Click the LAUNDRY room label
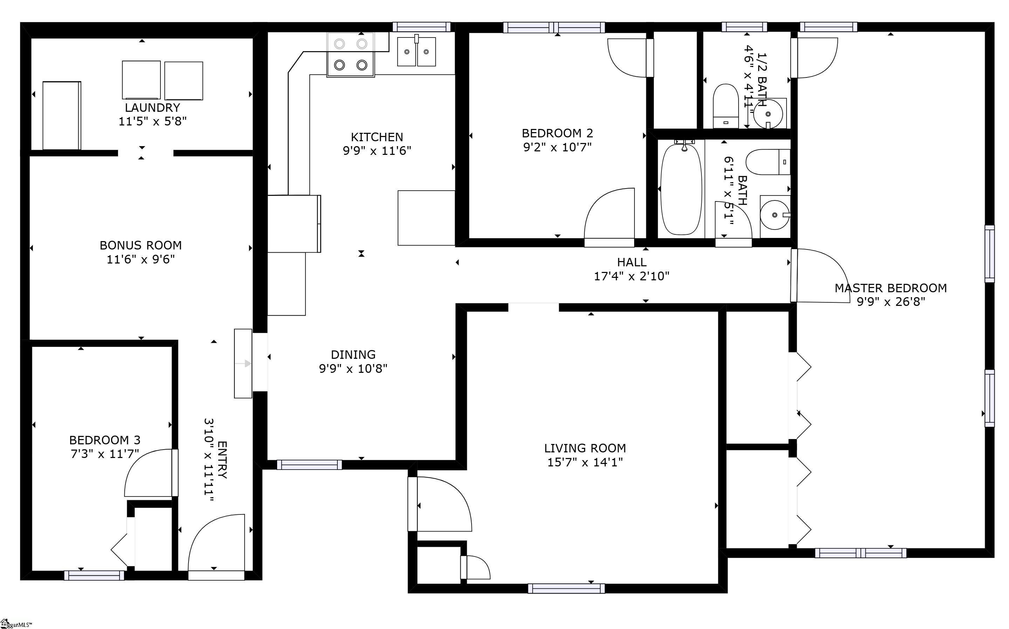tap(152, 108)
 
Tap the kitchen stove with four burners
tap(351, 55)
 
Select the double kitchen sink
tap(416, 51)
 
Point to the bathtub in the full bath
tap(681, 189)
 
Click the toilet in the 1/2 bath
tap(726, 106)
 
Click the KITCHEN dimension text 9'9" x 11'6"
tap(377, 151)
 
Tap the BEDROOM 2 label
tap(557, 133)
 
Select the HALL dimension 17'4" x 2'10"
tap(631, 276)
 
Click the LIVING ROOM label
tap(585, 448)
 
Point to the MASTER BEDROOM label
tap(891, 288)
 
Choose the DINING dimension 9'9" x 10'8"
tap(353, 369)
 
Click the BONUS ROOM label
tap(140, 245)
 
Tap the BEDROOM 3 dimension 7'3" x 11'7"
tap(104, 454)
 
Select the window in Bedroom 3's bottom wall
tap(94, 575)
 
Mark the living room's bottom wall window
tap(566, 588)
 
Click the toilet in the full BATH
tap(768, 162)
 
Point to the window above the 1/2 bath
tap(744, 27)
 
